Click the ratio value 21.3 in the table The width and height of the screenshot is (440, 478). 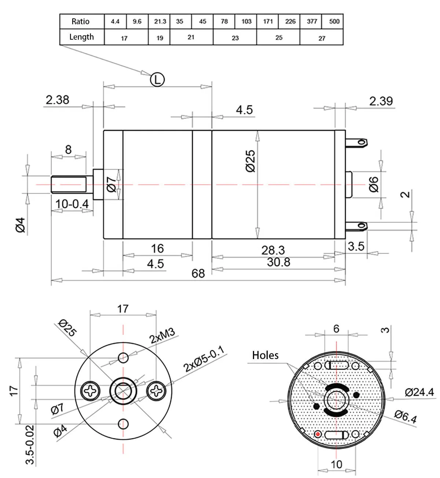160,21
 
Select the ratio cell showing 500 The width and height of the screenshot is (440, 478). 334,21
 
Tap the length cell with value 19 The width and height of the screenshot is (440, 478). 159,38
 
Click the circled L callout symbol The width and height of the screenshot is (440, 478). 157,79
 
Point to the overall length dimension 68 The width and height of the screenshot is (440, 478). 198,274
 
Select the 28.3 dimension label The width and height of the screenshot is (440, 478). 273,250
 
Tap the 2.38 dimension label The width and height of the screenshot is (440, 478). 57,100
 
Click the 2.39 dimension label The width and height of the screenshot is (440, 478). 381,101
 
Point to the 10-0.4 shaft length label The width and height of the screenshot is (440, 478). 72,203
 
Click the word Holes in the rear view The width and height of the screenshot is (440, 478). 265,355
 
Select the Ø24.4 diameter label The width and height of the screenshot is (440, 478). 419,392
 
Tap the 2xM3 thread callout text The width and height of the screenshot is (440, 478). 162,336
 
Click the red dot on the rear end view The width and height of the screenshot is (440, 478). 318,435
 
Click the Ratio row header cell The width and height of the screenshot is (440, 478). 81,21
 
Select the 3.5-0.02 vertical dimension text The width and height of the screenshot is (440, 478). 30,445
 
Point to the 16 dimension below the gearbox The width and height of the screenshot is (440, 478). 157,249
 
